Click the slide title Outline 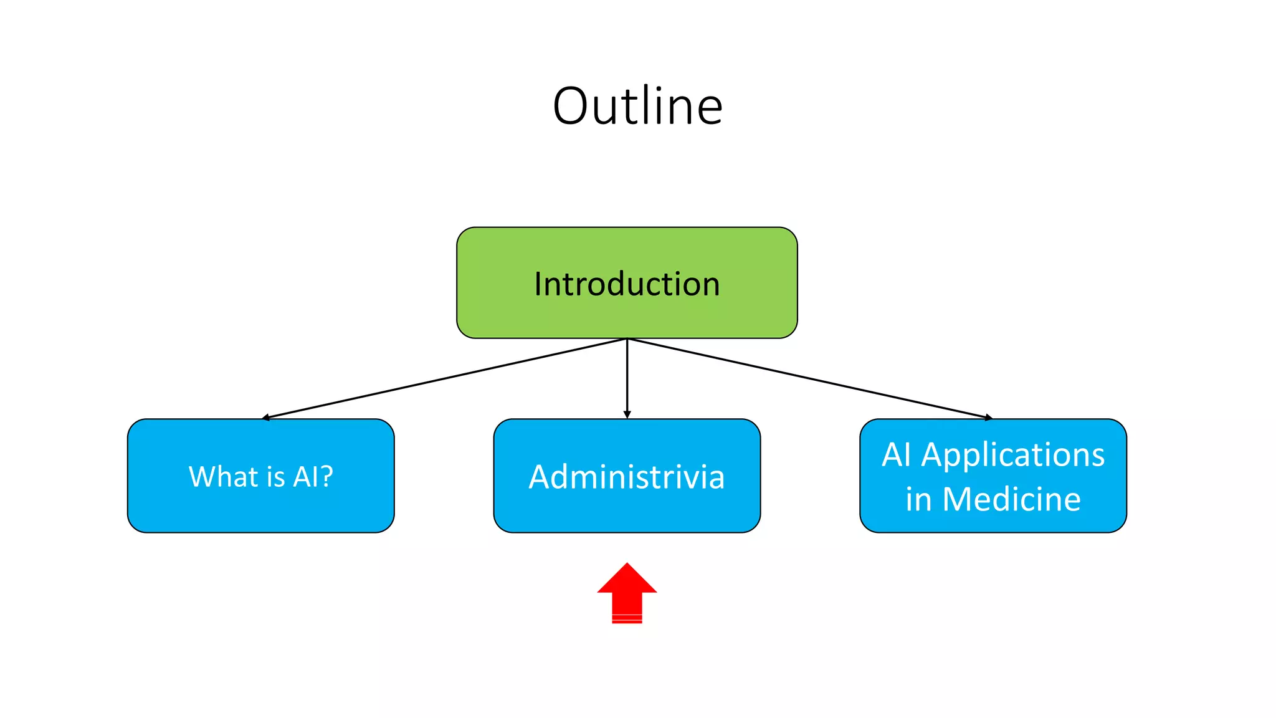637,106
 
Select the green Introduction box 627,283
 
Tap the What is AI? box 260,476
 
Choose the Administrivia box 627,476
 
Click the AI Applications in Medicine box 993,476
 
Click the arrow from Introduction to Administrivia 627,377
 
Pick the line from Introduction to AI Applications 810,378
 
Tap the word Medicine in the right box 1011,499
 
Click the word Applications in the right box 1013,455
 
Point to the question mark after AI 327,476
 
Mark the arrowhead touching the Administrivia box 627,414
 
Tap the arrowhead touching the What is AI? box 266,417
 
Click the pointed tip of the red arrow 627,565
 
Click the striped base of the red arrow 627,618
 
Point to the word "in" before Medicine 918,499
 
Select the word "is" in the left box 275,476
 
